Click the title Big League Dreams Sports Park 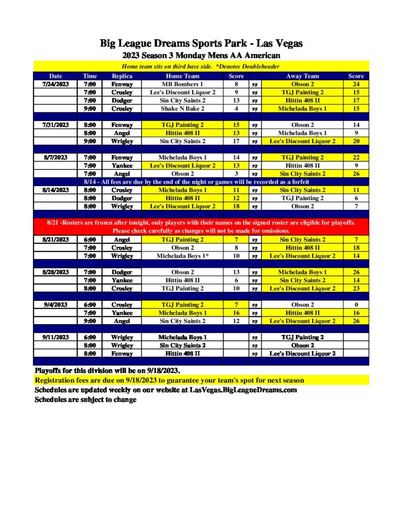click(201, 44)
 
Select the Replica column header click(122, 76)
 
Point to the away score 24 click(356, 84)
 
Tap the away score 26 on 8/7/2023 click(356, 174)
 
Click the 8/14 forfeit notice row click(201, 182)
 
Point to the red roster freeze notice click(201, 227)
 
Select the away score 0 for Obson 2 click(356, 305)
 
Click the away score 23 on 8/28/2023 click(356, 288)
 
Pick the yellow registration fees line click(169, 381)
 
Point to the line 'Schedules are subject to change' click(85, 400)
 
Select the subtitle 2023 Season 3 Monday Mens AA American click(201, 55)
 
